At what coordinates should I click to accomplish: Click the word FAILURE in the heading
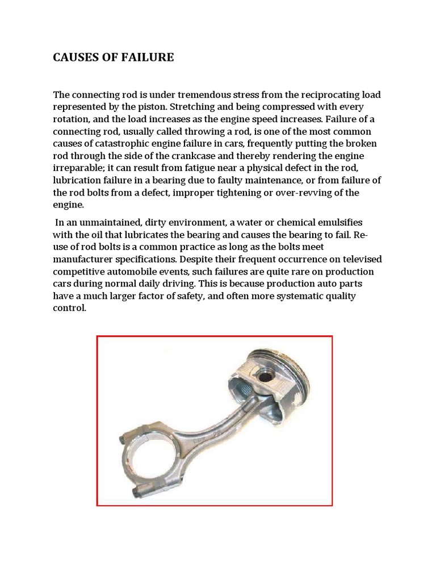coord(146,57)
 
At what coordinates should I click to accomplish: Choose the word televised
coord(362,260)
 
